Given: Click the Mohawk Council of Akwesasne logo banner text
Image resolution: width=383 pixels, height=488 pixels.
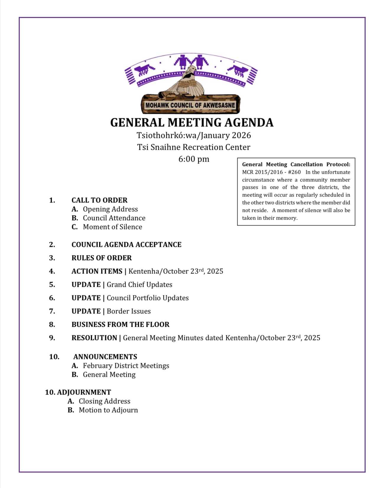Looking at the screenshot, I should pyautogui.click(x=190, y=105).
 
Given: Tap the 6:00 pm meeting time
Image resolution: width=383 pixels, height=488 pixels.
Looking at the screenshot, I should pyautogui.click(x=194, y=159).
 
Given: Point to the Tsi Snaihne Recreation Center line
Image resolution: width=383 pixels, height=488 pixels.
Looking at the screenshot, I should pyautogui.click(x=194, y=147).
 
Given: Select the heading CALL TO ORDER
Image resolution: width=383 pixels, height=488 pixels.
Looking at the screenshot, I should pyautogui.click(x=99, y=200).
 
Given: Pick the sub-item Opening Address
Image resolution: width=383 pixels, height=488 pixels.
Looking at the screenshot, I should pyautogui.click(x=110, y=209).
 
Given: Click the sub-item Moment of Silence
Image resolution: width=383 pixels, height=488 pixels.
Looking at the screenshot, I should pyautogui.click(x=112, y=227).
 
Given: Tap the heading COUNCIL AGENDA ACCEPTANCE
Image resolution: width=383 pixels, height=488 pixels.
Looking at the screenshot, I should pyautogui.click(x=126, y=244).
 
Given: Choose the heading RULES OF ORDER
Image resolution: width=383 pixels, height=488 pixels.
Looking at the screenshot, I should pyautogui.click(x=102, y=258).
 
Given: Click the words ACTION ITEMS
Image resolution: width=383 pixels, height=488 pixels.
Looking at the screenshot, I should pyautogui.click(x=97, y=271).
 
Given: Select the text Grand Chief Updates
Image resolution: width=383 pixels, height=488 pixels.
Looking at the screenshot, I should pyautogui.click(x=139, y=284).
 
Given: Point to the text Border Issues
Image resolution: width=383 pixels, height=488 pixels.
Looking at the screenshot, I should pyautogui.click(x=129, y=311).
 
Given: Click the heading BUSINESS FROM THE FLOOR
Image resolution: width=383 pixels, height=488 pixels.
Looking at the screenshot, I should pyautogui.click(x=121, y=324).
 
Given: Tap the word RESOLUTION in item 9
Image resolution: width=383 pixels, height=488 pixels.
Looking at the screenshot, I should pyautogui.click(x=94, y=338).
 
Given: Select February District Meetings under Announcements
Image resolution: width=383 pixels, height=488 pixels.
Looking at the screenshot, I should pyautogui.click(x=126, y=365).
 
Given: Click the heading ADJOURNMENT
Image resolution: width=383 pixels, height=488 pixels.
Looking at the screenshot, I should pyautogui.click(x=84, y=392).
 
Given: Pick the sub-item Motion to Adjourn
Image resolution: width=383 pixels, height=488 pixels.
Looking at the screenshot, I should pyautogui.click(x=108, y=410).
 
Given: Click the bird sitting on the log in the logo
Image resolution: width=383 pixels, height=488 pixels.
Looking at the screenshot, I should pyautogui.click(x=186, y=84).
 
